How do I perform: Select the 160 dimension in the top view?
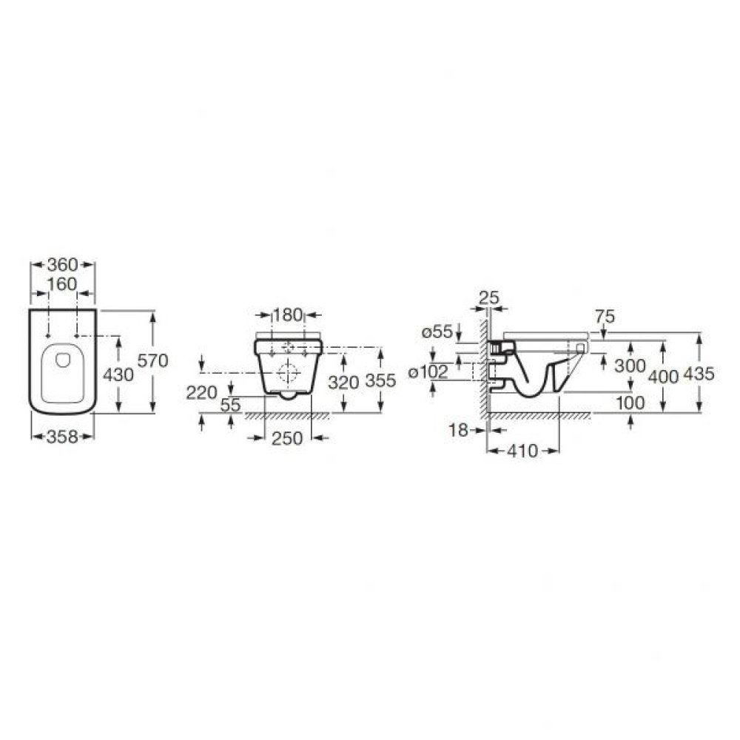(62, 284)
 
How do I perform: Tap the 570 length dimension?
(153, 361)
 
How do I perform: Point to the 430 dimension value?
(118, 374)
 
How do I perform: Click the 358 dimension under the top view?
(62, 437)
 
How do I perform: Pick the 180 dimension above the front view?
(287, 314)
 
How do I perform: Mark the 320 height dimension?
(344, 382)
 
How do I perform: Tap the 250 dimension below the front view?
(287, 438)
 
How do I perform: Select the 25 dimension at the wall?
(488, 298)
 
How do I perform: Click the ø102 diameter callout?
(431, 371)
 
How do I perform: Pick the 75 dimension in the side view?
(604, 316)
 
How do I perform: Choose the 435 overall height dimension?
(699, 374)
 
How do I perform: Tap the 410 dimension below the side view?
(522, 451)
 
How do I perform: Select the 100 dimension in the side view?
(630, 402)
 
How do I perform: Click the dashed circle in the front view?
(287, 371)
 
